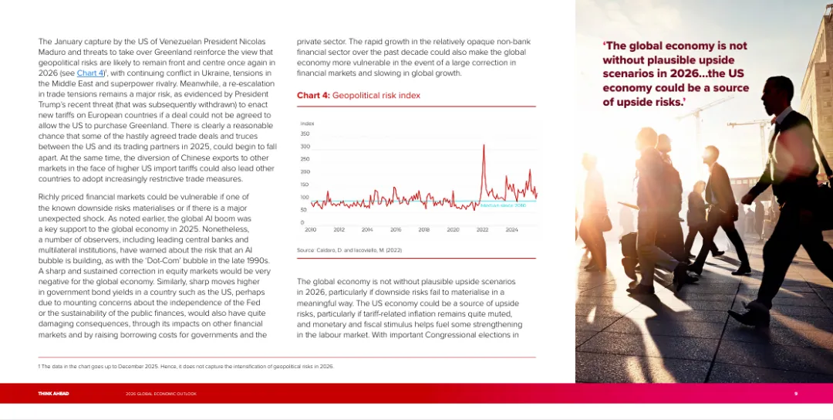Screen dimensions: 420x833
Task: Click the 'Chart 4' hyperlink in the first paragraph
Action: [x=89, y=73]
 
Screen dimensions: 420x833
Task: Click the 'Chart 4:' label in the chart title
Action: [x=313, y=96]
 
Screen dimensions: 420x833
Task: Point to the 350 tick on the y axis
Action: [x=305, y=134]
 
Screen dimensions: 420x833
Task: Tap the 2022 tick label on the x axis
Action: [x=482, y=229]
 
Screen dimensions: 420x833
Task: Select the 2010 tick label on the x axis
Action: [x=311, y=229]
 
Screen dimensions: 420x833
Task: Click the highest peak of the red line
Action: [x=484, y=145]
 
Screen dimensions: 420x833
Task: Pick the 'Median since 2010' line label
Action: [x=503, y=205]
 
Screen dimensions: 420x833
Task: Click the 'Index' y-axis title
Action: [x=307, y=124]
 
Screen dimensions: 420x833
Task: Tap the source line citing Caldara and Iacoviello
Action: [x=349, y=250]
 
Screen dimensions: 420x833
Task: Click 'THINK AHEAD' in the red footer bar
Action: [x=53, y=394]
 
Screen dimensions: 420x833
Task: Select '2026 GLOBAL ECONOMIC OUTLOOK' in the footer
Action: [x=160, y=394]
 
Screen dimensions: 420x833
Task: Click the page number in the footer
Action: [x=796, y=394]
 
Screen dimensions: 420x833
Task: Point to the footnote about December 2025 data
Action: [x=186, y=366]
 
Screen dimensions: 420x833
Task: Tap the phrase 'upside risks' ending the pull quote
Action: [x=643, y=102]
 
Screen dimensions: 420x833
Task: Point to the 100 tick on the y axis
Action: [x=305, y=197]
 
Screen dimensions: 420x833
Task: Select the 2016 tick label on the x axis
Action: [x=396, y=229]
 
